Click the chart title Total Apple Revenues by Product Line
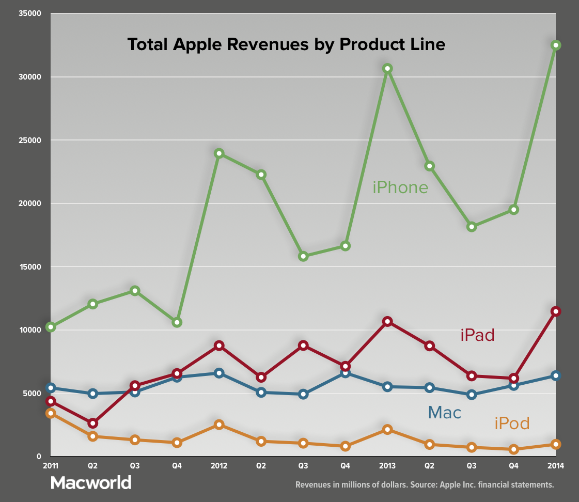(x=286, y=44)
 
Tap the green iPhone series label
(x=400, y=187)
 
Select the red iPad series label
(x=477, y=335)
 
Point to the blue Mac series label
(x=444, y=412)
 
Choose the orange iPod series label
(x=512, y=423)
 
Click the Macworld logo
(x=91, y=482)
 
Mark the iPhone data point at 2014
(x=556, y=45)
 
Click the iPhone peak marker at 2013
(x=387, y=68)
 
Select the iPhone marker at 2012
(x=218, y=153)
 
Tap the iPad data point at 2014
(x=556, y=311)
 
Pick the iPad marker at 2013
(x=387, y=322)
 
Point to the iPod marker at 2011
(x=50, y=413)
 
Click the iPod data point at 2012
(x=218, y=425)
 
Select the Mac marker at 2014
(x=556, y=375)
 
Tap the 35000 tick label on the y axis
(x=30, y=13)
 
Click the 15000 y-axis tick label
(x=30, y=267)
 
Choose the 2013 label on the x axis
(x=387, y=465)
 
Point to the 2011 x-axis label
(x=50, y=465)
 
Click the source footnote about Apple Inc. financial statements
(x=424, y=485)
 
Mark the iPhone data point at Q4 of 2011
(x=177, y=322)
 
